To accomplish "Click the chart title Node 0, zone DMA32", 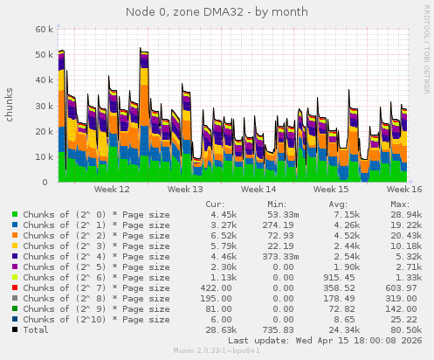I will coord(217,10).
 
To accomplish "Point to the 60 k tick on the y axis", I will coord(40,29).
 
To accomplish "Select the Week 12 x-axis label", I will coord(112,189).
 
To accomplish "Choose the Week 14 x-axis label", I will coord(258,189).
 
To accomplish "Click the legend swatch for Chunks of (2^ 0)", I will coord(15,214).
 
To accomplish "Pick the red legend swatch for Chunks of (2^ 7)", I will coord(15,287).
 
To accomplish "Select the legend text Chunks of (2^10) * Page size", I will coord(96,320).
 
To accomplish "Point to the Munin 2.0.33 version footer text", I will coord(217,353).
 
